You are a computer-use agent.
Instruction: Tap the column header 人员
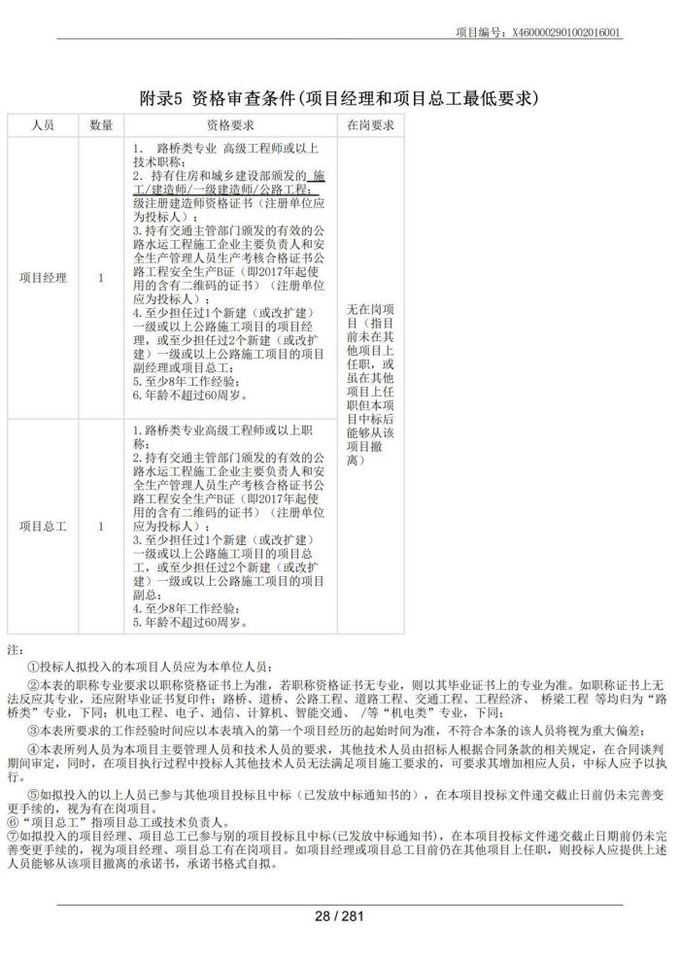[x=43, y=125]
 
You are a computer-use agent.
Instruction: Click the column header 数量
[x=101, y=125]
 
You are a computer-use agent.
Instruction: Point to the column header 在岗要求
[x=370, y=125]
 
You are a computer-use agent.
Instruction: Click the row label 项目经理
[x=43, y=278]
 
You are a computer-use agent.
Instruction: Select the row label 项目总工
[x=43, y=526]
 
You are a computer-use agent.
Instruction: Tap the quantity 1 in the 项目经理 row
[x=101, y=278]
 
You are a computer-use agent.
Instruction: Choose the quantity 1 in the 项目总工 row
[x=101, y=526]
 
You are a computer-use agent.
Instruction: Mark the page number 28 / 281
[x=339, y=914]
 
